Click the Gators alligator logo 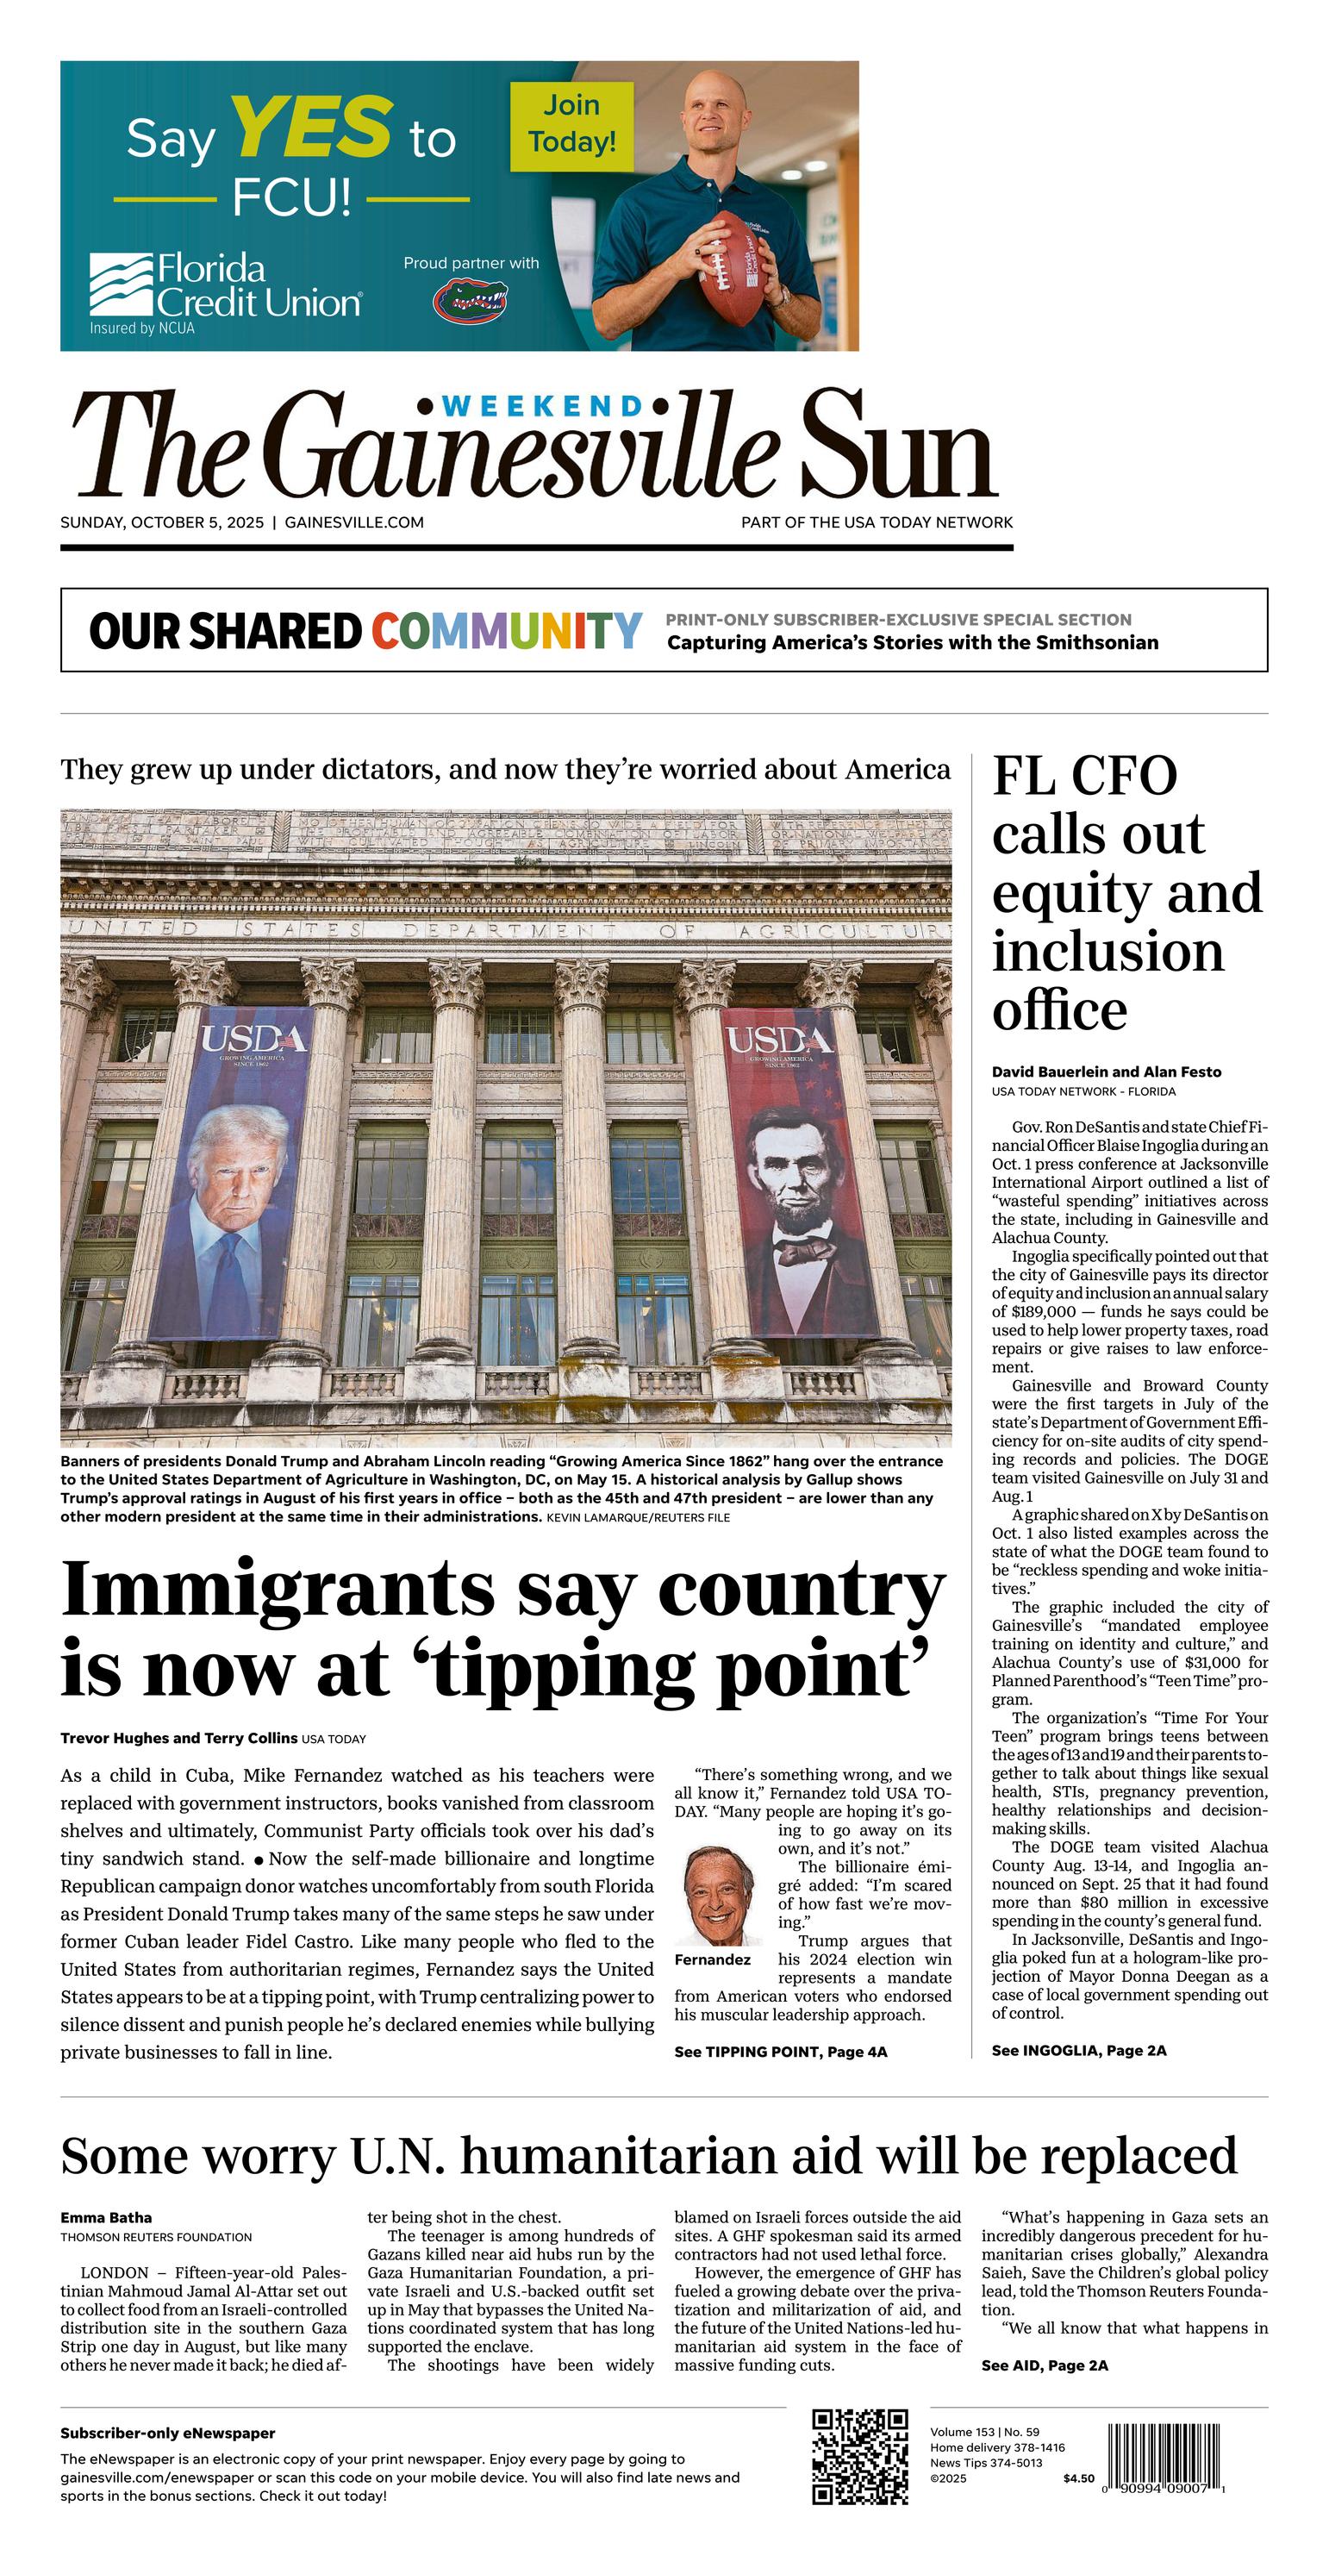[470, 300]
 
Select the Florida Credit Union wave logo [121, 285]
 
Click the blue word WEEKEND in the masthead [543, 406]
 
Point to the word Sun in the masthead [896, 448]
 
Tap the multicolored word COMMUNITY [507, 631]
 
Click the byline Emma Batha [107, 2217]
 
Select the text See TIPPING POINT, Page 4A [781, 2052]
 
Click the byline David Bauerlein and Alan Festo [1106, 1072]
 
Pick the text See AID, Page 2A [1044, 2365]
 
